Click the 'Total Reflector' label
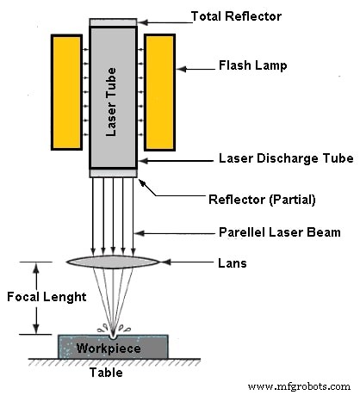tap(236, 15)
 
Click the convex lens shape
tap(112, 262)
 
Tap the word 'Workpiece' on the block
tap(104, 349)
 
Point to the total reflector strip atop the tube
tap(112, 22)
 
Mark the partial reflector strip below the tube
tap(112, 172)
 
